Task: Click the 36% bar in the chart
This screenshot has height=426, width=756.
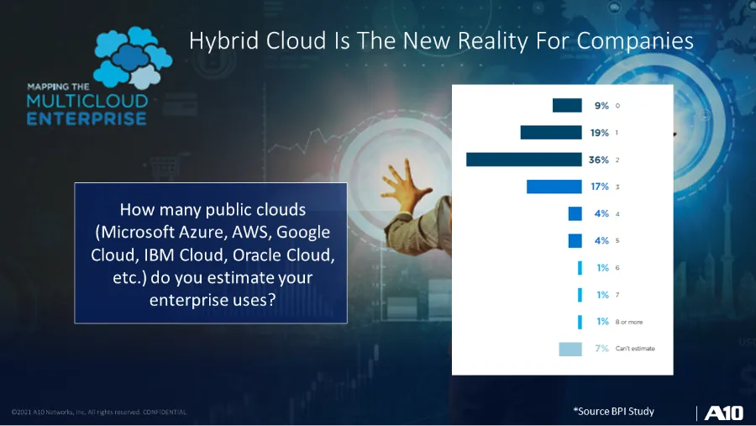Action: point(523,160)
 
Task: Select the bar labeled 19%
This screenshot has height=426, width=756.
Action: point(550,133)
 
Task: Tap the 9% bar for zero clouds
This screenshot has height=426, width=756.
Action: point(566,106)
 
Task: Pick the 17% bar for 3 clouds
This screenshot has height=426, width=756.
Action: point(554,187)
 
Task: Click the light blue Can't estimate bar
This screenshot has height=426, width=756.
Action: point(570,349)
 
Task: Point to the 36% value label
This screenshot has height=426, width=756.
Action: point(599,160)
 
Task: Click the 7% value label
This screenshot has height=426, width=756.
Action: point(601,349)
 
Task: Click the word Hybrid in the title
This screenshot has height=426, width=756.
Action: point(217,40)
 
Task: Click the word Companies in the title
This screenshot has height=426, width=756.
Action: point(637,40)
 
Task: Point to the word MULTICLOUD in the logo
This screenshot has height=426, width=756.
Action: point(87,102)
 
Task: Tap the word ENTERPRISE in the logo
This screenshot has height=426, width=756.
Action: point(87,118)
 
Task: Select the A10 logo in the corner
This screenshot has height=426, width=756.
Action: point(722,413)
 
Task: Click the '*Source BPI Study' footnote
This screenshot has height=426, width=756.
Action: point(613,411)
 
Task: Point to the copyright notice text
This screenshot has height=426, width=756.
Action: point(99,412)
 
